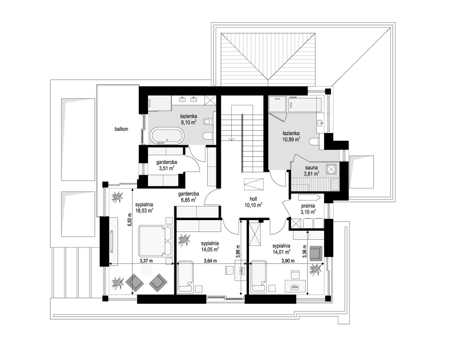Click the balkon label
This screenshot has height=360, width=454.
pyautogui.click(x=121, y=129)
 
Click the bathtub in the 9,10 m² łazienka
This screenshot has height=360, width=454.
pyautogui.click(x=167, y=136)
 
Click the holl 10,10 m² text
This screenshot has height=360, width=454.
pyautogui.click(x=254, y=202)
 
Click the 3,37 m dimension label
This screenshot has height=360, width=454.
pyautogui.click(x=146, y=261)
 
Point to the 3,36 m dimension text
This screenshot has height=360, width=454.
pyautogui.click(x=305, y=251)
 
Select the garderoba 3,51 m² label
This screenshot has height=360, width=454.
pyautogui.click(x=167, y=165)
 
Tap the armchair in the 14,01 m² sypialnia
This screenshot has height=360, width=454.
pyautogui.click(x=316, y=252)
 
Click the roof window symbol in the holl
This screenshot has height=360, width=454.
pyautogui.click(x=253, y=185)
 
